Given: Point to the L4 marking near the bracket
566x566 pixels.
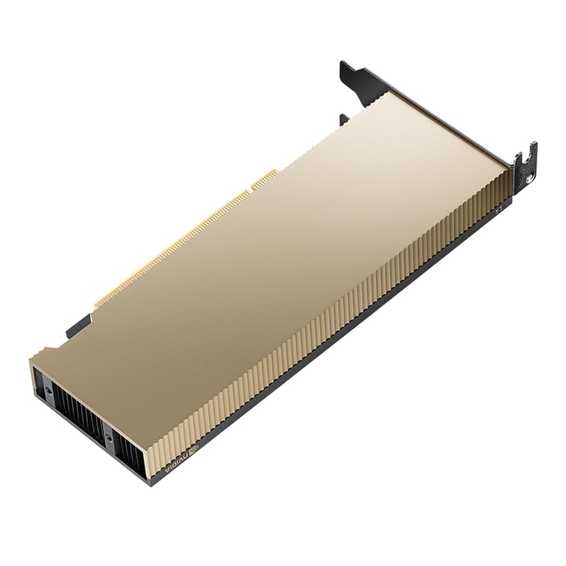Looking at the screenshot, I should point(498,209).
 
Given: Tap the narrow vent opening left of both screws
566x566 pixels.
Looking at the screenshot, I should point(38,383).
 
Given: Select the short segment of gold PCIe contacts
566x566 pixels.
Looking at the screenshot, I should point(265,178).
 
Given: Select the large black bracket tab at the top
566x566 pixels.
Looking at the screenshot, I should point(361,81).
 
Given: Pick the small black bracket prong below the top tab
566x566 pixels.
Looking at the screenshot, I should point(343,119).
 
